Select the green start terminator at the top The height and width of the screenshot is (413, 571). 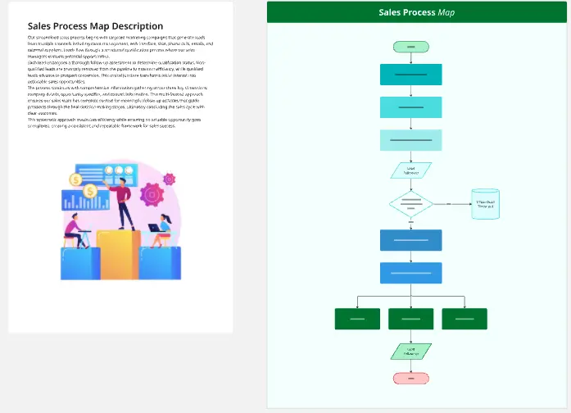(410, 46)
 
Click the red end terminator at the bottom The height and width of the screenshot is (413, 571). (410, 378)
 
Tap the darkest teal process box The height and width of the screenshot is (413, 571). (410, 75)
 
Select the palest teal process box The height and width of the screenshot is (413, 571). (410, 140)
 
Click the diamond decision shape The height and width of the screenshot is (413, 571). (410, 203)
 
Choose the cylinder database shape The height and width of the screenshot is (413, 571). (487, 204)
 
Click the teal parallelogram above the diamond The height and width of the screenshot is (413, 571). (410, 170)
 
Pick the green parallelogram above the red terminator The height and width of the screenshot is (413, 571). (410, 351)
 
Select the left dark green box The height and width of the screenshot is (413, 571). (357, 319)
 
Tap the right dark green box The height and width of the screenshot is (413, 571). (465, 319)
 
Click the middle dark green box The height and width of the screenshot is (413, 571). (410, 319)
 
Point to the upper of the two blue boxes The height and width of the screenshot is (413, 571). (410, 240)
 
